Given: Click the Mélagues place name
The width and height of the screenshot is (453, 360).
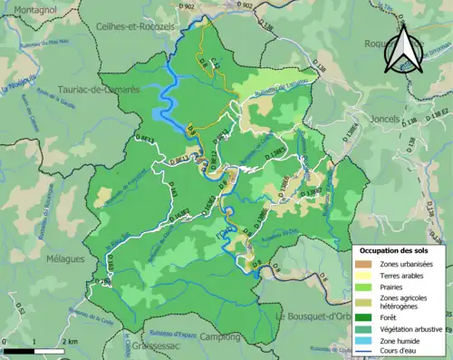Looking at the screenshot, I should (x=64, y=258).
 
